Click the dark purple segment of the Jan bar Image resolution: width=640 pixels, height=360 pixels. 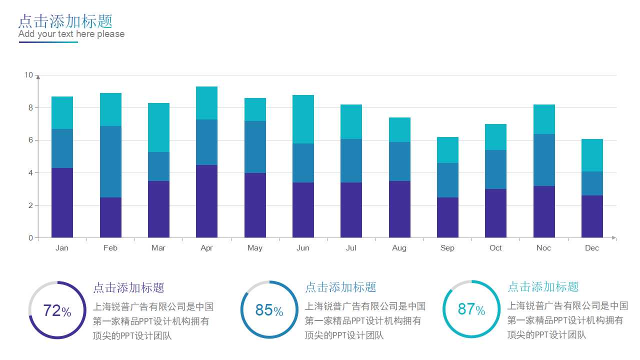pyautogui.click(x=62, y=202)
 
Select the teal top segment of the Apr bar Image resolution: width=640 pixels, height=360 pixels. pyautogui.click(x=206, y=103)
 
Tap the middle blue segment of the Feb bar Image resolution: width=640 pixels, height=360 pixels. pyautogui.click(x=110, y=161)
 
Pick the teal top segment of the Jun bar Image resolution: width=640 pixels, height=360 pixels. pyautogui.click(x=303, y=119)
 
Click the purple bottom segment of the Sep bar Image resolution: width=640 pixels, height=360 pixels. pyautogui.click(x=447, y=217)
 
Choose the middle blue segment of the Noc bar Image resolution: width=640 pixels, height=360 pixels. pyautogui.click(x=544, y=160)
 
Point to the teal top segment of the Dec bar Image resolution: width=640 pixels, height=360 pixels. pyautogui.click(x=592, y=155)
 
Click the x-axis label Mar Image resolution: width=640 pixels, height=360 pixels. pyautogui.click(x=158, y=248)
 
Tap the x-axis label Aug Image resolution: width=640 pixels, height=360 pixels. pyautogui.click(x=399, y=248)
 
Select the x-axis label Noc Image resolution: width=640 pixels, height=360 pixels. pyautogui.click(x=543, y=248)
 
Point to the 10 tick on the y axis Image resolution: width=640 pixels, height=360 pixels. pyautogui.click(x=28, y=75)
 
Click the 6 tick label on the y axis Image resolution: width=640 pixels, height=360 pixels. pyautogui.click(x=30, y=140)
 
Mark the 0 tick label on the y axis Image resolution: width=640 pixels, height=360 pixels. pyautogui.click(x=30, y=238)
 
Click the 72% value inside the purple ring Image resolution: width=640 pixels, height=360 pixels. pyautogui.click(x=57, y=310)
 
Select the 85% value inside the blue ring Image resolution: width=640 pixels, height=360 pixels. pyautogui.click(x=269, y=310)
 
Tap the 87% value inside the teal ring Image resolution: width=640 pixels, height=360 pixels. pyautogui.click(x=471, y=309)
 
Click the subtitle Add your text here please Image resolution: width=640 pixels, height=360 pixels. pyautogui.click(x=71, y=34)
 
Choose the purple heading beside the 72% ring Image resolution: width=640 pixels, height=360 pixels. pyautogui.click(x=128, y=288)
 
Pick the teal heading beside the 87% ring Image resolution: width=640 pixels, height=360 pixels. pyautogui.click(x=543, y=287)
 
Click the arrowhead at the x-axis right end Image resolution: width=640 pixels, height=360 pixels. pyautogui.click(x=614, y=238)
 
